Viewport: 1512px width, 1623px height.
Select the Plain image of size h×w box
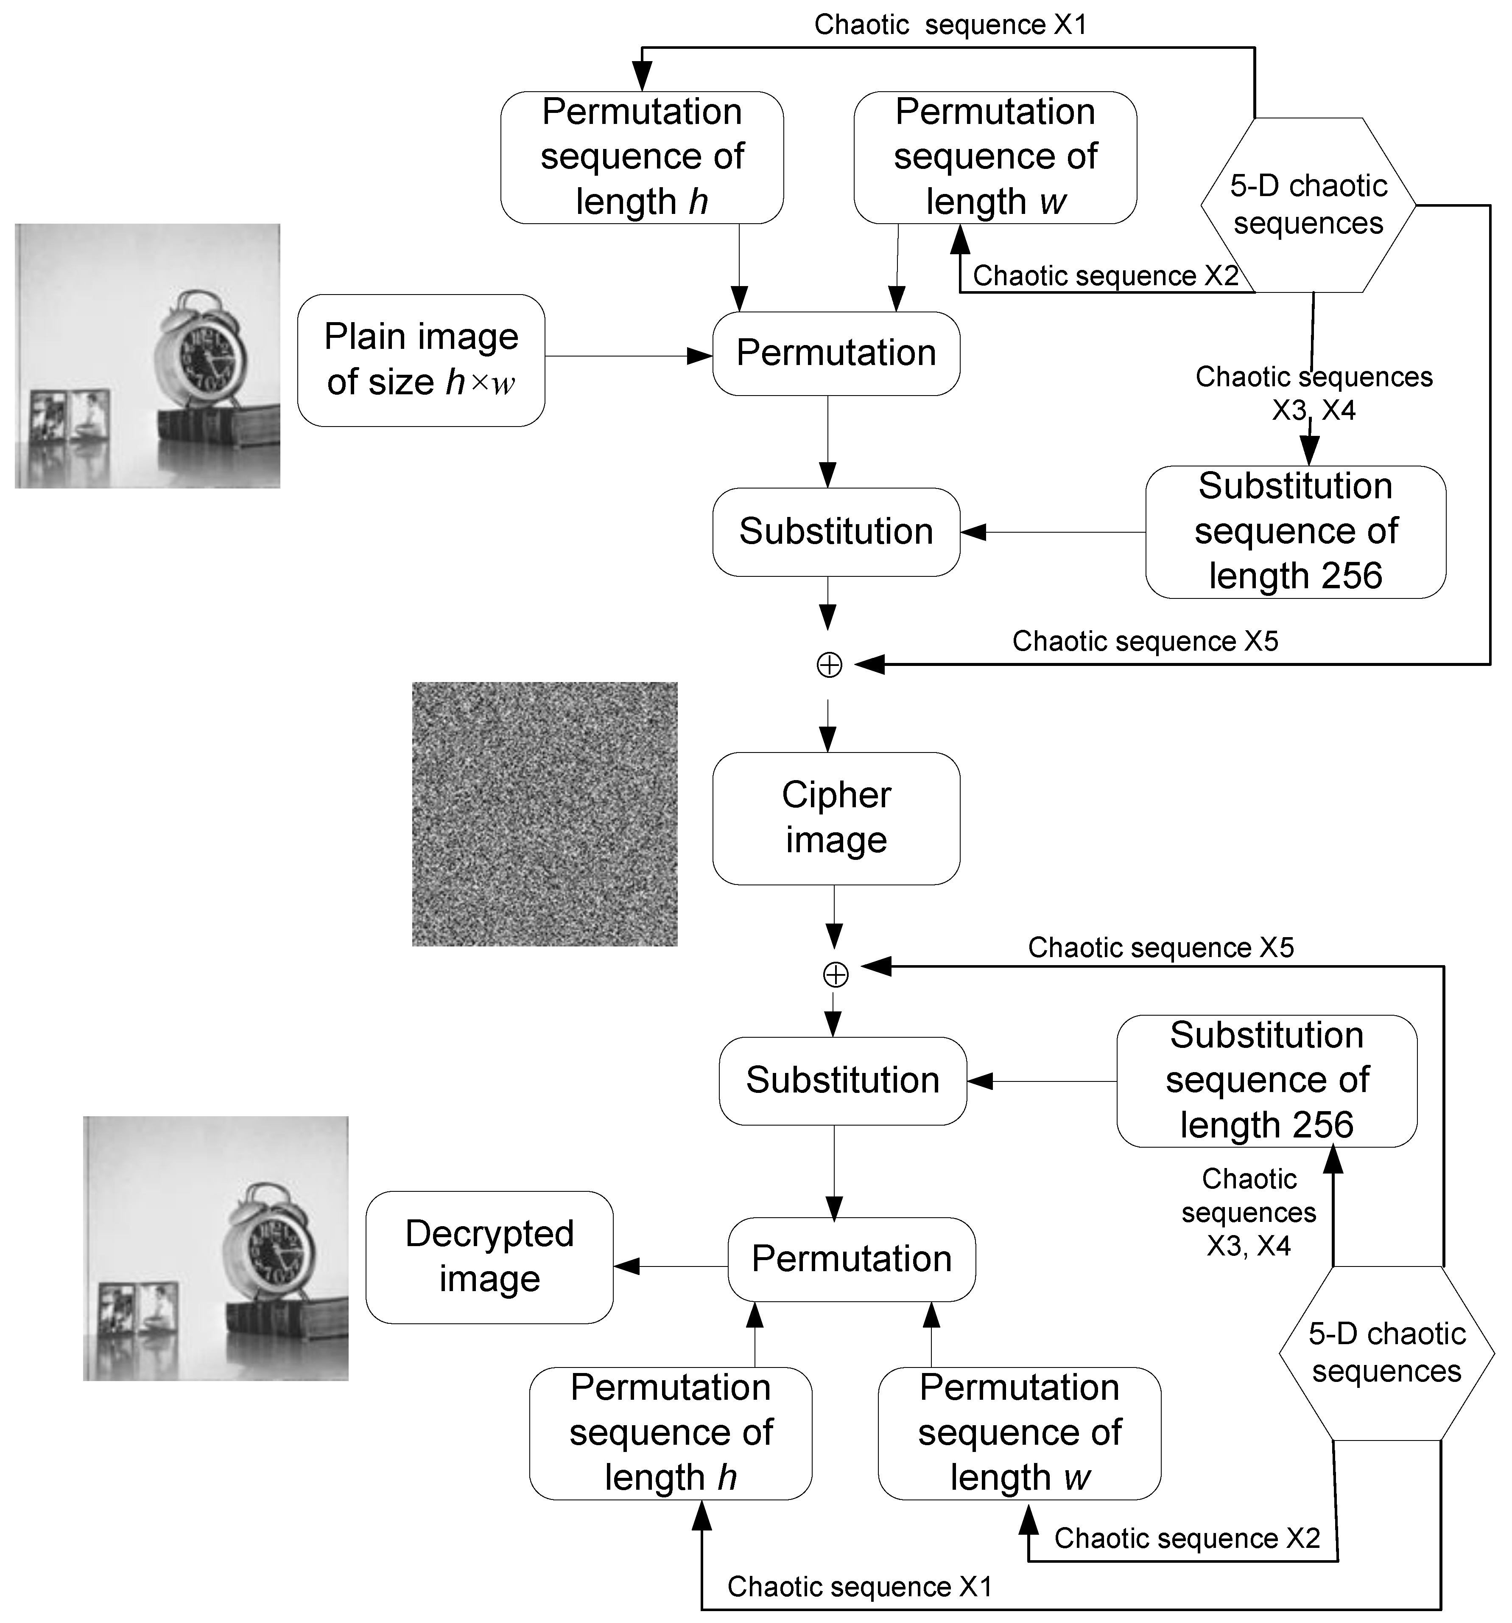(421, 360)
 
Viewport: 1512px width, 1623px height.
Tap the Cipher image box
(836, 818)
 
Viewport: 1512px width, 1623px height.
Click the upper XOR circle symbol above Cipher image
(829, 665)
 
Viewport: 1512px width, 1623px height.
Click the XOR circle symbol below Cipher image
(835, 974)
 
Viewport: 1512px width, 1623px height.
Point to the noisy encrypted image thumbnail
(544, 814)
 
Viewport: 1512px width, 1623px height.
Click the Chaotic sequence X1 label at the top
(950, 25)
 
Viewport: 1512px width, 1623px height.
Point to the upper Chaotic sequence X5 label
(1145, 641)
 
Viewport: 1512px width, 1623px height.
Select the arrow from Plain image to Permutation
(628, 356)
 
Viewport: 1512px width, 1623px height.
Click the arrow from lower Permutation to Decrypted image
(669, 1266)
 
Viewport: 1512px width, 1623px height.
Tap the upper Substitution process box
(836, 531)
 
